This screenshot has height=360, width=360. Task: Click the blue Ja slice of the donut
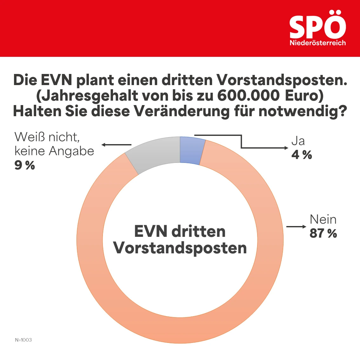point(190,150)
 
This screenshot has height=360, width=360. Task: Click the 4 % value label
point(302,155)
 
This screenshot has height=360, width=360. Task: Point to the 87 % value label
point(323,234)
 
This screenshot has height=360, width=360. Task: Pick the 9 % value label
point(24,165)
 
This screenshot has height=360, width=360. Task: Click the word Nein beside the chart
point(323,219)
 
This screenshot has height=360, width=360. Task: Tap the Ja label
point(298,141)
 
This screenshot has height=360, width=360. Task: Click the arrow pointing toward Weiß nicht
point(116,145)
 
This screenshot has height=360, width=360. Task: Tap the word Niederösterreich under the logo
point(317,43)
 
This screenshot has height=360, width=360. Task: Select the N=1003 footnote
point(23,340)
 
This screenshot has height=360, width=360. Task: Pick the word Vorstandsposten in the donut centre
point(180,248)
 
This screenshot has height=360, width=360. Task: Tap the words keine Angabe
point(54,151)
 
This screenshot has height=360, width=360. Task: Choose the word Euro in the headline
point(304,96)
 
